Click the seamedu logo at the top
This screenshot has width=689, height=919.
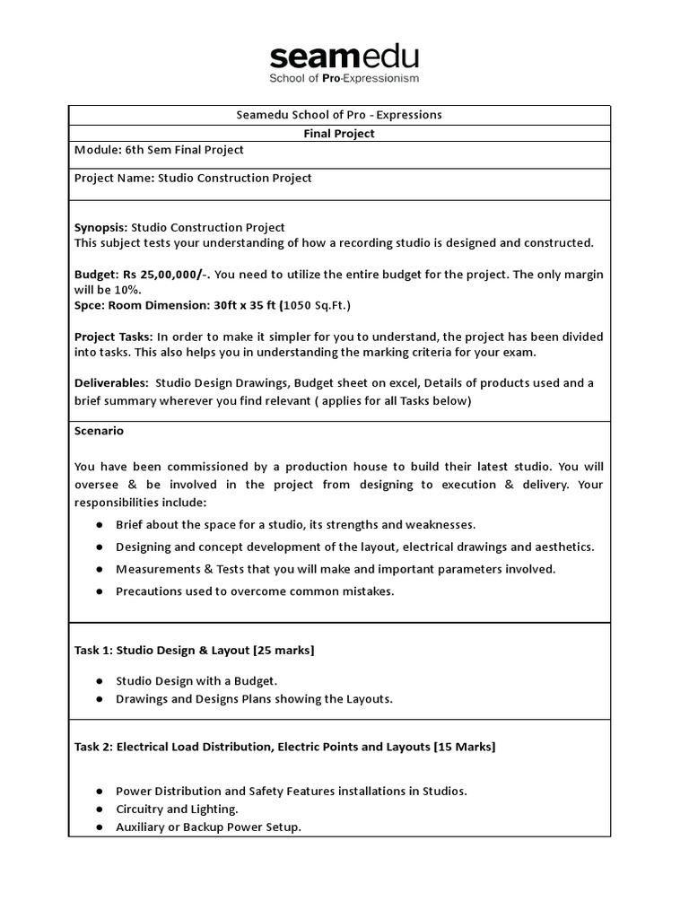[x=344, y=57]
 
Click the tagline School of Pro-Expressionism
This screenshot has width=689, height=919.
[x=344, y=79]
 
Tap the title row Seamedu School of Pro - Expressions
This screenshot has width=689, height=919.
[x=339, y=115]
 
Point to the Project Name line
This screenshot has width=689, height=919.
[x=193, y=178]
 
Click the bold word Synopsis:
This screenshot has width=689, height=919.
[x=100, y=227]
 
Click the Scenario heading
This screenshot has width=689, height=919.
[x=99, y=431]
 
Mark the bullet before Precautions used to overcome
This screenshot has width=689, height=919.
[x=98, y=591]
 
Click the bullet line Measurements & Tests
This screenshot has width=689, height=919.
[x=336, y=568]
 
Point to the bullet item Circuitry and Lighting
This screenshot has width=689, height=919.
[x=177, y=809]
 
